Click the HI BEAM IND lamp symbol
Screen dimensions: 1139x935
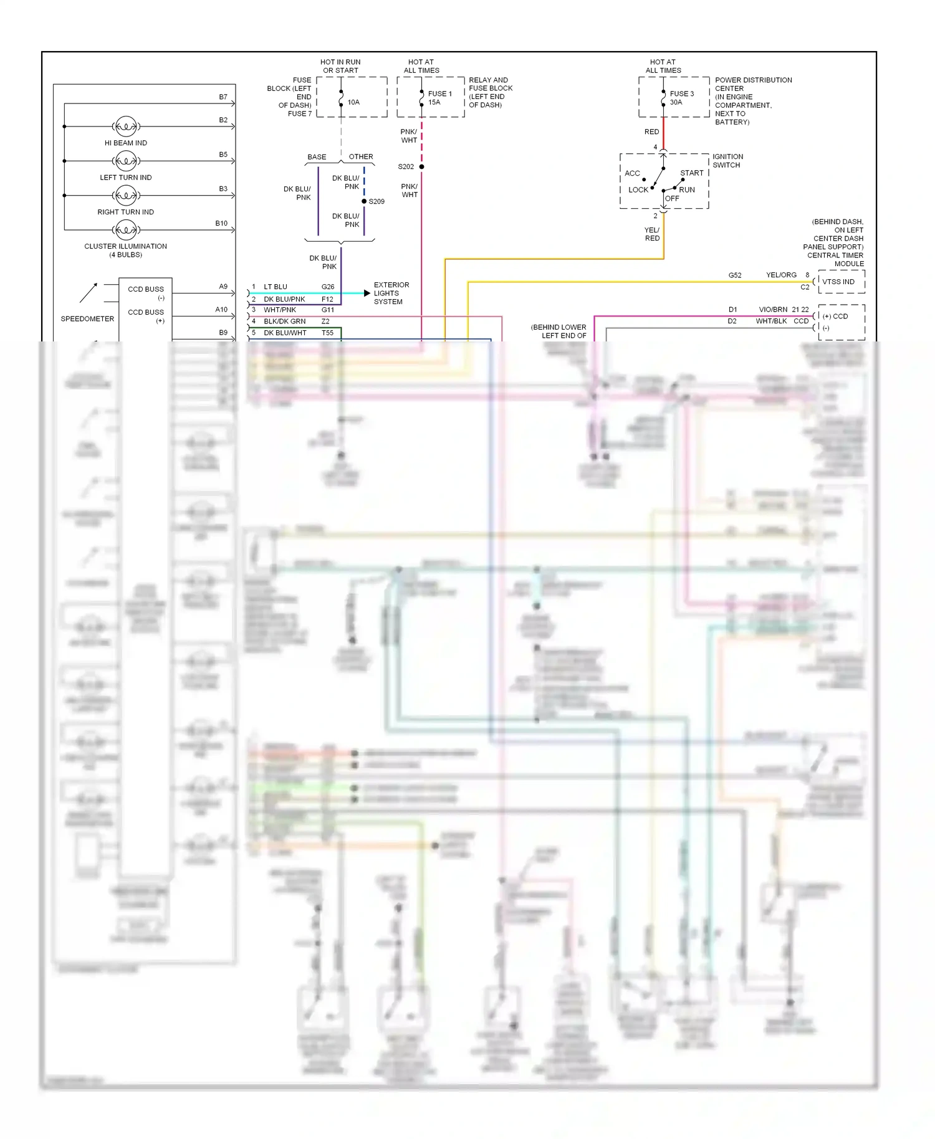pos(126,126)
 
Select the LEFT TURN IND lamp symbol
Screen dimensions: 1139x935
pos(126,161)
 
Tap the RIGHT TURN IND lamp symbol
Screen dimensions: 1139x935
pos(126,196)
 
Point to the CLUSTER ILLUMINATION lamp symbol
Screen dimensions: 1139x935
pos(126,230)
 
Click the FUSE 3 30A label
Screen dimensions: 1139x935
pos(681,98)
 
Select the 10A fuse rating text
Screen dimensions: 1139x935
pos(353,102)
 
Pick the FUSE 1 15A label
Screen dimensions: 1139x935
pos(439,98)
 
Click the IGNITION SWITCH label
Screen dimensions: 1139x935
pos(727,161)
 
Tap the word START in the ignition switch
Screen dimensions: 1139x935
pos(691,173)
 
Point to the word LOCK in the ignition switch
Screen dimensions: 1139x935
pos(638,190)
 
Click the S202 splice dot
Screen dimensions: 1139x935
pos(422,167)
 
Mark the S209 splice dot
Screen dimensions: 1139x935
pos(364,201)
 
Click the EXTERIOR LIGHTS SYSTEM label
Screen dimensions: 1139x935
pos(391,293)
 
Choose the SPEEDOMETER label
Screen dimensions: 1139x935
pos(87,319)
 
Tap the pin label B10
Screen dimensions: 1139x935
pos(221,223)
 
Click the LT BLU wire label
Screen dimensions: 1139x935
pos(276,287)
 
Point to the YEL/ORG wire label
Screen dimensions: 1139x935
pos(781,275)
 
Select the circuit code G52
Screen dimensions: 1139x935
pos(735,275)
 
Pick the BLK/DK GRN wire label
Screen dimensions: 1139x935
pos(284,322)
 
